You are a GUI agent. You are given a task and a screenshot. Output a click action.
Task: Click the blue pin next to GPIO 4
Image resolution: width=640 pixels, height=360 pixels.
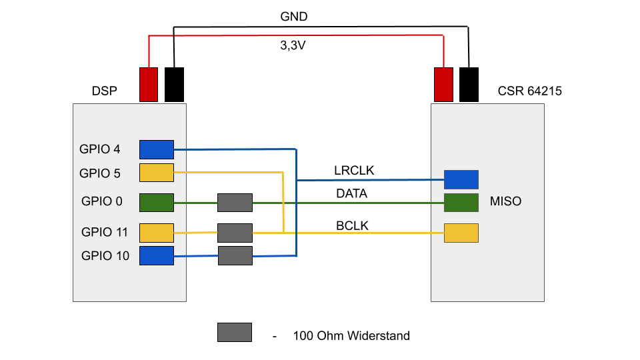(x=156, y=149)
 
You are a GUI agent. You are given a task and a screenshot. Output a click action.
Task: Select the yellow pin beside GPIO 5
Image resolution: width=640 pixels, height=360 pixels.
(x=156, y=173)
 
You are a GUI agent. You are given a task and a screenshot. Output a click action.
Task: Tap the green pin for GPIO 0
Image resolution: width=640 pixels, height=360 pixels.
(x=156, y=203)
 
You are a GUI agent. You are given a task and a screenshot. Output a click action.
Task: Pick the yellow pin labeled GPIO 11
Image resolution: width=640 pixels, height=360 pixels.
(x=156, y=233)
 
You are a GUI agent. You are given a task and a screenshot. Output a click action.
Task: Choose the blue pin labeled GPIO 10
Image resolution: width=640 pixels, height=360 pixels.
(x=156, y=255)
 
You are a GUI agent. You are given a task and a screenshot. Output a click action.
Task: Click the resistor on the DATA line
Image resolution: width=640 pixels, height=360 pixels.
(x=235, y=203)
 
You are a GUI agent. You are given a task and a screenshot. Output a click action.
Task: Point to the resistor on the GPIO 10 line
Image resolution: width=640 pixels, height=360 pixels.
(x=235, y=255)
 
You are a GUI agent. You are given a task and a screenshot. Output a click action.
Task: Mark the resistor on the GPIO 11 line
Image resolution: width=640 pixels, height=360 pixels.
(x=235, y=233)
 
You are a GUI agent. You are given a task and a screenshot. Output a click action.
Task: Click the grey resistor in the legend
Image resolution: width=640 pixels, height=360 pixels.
(x=235, y=332)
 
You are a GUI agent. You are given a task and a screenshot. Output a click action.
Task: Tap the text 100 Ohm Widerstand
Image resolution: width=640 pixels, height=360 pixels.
(x=351, y=335)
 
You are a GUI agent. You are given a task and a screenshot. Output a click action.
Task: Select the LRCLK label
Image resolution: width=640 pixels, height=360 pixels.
(x=354, y=171)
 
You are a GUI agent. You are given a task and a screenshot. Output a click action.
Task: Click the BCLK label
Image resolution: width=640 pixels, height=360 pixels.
(x=353, y=226)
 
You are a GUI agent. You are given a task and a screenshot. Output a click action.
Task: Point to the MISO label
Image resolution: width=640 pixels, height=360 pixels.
(x=505, y=201)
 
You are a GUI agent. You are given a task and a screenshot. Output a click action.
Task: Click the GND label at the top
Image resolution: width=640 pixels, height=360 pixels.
(x=294, y=17)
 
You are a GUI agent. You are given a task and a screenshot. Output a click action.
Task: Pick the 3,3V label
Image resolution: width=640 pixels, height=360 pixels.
(x=293, y=46)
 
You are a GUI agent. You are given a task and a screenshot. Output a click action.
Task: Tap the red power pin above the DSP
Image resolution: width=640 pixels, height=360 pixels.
(x=148, y=84)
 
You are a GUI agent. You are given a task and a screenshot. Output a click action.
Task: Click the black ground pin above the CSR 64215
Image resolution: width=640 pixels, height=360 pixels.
(x=469, y=84)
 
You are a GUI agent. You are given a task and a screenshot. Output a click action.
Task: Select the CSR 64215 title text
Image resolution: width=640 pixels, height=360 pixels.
(x=529, y=91)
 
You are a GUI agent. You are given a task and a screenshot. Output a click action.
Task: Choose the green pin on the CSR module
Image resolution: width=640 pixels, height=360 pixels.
(x=461, y=203)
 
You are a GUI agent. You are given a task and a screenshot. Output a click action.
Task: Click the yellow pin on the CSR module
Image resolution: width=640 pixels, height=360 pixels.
(x=461, y=233)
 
